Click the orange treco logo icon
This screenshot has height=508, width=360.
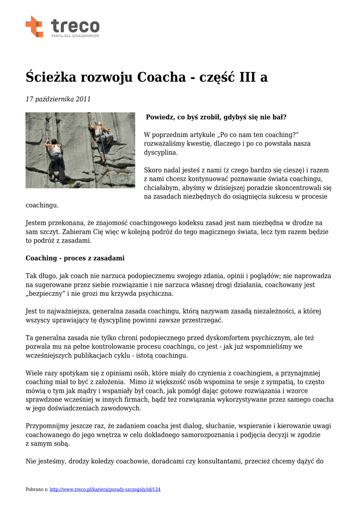(x=34, y=26)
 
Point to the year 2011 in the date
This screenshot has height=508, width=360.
(x=83, y=99)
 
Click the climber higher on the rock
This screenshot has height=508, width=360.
(x=101, y=136)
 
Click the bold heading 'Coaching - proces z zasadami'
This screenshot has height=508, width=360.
(x=75, y=258)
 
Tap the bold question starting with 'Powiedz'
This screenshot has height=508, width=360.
(x=216, y=118)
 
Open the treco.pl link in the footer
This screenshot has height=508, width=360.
(x=105, y=490)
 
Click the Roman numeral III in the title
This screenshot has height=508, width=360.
(x=248, y=77)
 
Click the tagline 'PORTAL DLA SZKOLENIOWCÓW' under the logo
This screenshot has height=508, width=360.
(x=75, y=36)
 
